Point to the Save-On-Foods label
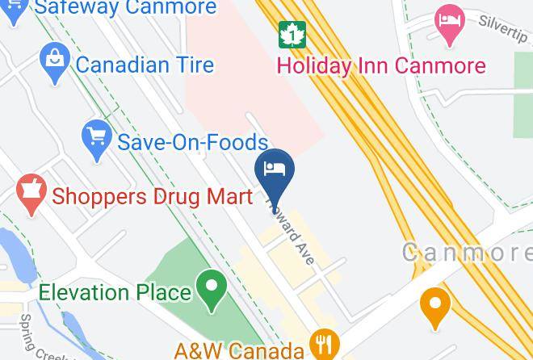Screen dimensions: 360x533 (192, 143)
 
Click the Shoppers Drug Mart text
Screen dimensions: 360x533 (153, 196)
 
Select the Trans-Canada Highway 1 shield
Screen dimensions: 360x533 (290, 34)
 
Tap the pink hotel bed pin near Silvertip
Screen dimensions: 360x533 (447, 23)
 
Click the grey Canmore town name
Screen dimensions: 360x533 (467, 253)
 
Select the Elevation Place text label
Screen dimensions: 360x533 (115, 291)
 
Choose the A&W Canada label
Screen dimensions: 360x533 (239, 350)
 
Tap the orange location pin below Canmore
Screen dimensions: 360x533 (436, 306)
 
